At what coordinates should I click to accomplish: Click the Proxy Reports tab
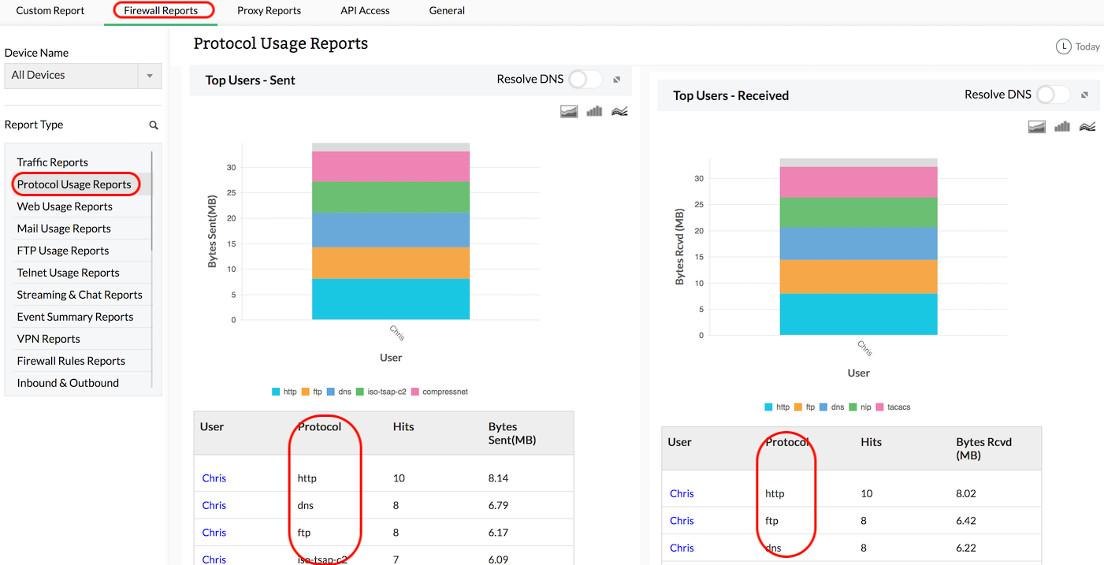(269, 11)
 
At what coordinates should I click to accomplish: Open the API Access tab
(365, 11)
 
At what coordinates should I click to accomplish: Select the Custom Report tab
(50, 11)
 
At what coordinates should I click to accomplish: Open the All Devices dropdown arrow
(150, 76)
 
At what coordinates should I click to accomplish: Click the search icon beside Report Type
(154, 125)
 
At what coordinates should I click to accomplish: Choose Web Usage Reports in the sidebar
(65, 206)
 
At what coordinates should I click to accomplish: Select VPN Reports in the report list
(49, 339)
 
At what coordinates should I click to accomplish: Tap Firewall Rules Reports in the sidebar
(71, 361)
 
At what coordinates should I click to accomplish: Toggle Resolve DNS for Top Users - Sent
(585, 79)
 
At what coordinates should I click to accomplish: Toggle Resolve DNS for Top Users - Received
(1053, 95)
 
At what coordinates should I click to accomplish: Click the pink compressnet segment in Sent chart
(391, 167)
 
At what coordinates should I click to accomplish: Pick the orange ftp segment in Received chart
(858, 277)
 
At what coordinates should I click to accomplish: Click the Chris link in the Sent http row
(214, 478)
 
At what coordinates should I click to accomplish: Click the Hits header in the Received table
(872, 442)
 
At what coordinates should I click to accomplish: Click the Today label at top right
(1087, 46)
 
